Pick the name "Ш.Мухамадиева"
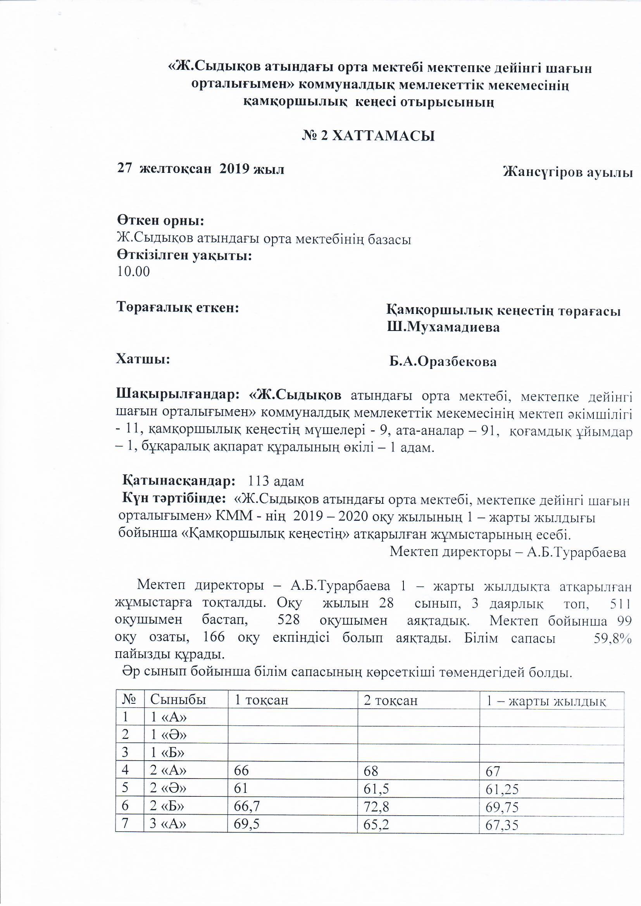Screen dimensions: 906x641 pos(443,327)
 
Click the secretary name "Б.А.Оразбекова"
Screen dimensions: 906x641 pos(443,362)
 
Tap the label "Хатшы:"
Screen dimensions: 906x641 pos(143,359)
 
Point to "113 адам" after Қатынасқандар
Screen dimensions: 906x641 pos(276,481)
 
